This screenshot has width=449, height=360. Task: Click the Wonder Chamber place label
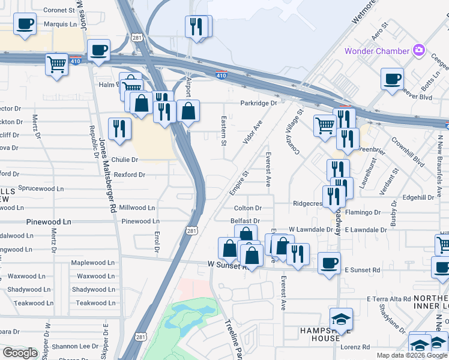[376, 51]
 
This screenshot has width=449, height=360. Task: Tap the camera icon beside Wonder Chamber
[419, 50]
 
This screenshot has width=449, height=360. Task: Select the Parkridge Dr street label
[259, 103]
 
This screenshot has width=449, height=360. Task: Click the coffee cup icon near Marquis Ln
[25, 25]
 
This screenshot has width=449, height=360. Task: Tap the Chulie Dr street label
[124, 160]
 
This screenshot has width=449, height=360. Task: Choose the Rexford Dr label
[130, 175]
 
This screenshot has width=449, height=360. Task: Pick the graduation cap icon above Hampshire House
[341, 319]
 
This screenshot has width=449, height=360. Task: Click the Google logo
[20, 353]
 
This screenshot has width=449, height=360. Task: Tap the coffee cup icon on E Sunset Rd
[328, 263]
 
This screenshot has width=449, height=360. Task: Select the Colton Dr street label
[248, 208]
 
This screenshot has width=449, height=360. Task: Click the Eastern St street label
[223, 131]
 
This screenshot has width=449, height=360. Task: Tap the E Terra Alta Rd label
[388, 298]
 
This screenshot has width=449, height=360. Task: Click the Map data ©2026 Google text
[412, 355]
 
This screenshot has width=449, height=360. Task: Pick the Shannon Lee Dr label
[74, 346]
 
